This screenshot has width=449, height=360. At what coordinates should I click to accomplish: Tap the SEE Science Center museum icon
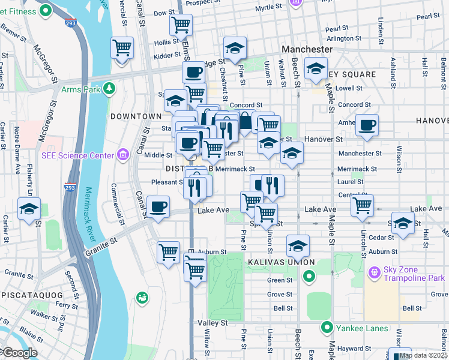pyautogui.click(x=123, y=155)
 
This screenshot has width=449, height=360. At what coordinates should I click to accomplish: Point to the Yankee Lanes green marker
pyautogui.click(x=327, y=328)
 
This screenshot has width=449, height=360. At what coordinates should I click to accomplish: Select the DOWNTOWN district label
pyautogui.click(x=136, y=116)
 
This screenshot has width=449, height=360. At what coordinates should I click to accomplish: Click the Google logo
pyautogui.click(x=19, y=353)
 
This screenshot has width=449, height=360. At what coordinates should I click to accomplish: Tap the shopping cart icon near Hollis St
pyautogui.click(x=181, y=25)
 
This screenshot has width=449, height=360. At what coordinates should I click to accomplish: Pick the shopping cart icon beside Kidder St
pyautogui.click(x=122, y=47)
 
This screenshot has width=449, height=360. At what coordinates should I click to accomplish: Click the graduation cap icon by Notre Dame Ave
pyautogui.click(x=29, y=209)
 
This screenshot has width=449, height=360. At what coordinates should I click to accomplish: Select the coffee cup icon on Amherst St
pyautogui.click(x=367, y=125)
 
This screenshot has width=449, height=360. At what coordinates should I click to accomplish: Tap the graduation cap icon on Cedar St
pyautogui.click(x=402, y=223)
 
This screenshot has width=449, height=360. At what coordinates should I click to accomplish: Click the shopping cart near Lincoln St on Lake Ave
pyautogui.click(x=363, y=205)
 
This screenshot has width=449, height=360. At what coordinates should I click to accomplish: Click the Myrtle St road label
pyautogui.click(x=268, y=8)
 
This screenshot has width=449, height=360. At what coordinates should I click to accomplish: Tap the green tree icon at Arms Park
pyautogui.click(x=109, y=89)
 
